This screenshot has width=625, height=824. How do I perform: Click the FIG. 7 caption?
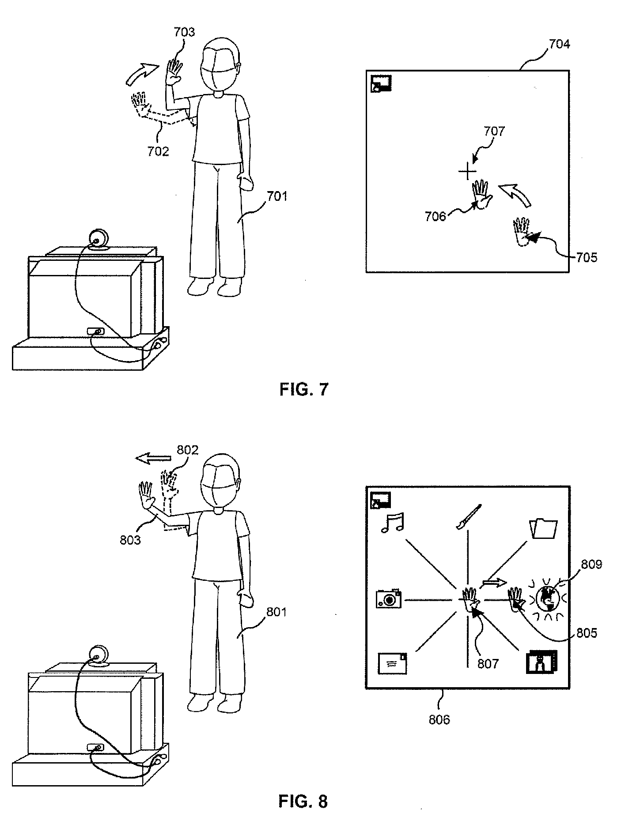coord(304,389)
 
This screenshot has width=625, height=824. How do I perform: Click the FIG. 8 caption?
coord(303,801)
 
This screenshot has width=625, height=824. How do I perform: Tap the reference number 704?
coord(559,44)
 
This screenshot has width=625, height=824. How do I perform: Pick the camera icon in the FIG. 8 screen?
coord(389,598)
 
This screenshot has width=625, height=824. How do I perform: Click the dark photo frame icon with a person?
coord(542,662)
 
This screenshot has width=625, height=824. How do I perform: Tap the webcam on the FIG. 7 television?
coord(98,239)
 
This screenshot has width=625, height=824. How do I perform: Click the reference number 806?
coord(439,719)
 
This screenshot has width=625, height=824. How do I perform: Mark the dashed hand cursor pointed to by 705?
coord(521,231)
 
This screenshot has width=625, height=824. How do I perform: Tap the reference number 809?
coord(592,564)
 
